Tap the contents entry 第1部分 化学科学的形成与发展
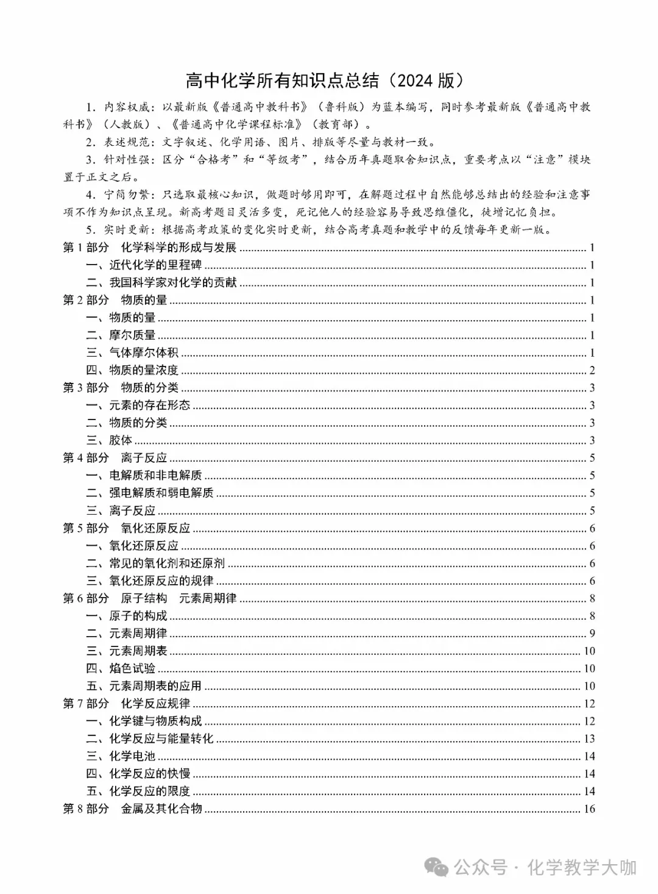coord(149,248)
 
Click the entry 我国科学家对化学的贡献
coord(172,283)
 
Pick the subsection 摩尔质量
coord(132,335)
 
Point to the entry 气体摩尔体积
coord(144,353)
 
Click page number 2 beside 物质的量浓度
coord(592,371)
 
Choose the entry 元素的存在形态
coord(149,406)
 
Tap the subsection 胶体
coord(121,440)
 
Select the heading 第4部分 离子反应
coord(115,458)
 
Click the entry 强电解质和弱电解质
coord(161,493)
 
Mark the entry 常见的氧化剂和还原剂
coord(167,563)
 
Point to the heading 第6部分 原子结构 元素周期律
coord(149,598)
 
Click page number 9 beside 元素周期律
coord(592,634)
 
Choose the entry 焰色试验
coord(132,668)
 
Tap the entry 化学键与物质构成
coord(155,721)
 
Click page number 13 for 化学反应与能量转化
coord(589,739)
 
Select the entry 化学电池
coord(132,757)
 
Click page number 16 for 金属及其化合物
coord(589,809)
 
